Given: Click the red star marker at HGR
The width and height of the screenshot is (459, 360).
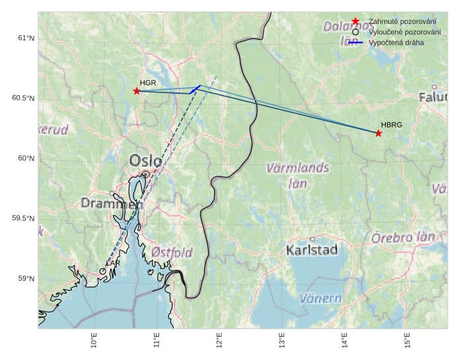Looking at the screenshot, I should click(137, 91).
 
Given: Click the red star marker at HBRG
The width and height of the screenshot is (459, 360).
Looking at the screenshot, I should click(378, 133).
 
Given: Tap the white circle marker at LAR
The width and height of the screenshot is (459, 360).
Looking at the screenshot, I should click(103, 271).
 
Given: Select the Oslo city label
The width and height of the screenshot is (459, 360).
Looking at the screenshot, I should click(145, 161).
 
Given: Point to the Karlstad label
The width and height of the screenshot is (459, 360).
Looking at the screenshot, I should click(312, 250).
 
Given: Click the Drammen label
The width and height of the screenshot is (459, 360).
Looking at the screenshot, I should click(112, 203).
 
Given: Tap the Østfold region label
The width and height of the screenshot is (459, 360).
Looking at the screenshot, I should click(172, 252).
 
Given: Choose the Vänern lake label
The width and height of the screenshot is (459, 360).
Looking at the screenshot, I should click(320, 298).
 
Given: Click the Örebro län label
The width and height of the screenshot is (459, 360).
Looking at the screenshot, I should click(404, 237).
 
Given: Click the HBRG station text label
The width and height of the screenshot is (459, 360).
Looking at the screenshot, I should click(392, 124).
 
